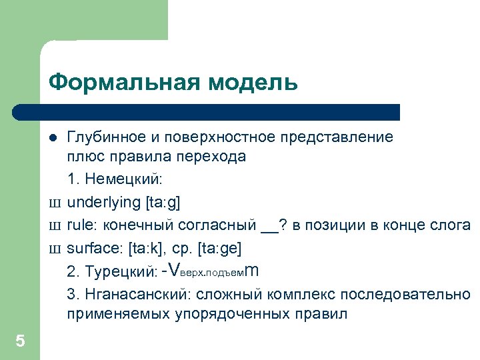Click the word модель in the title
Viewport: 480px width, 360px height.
coord(251,83)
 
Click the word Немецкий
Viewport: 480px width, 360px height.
coord(125,179)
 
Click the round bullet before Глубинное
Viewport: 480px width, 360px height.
coord(53,138)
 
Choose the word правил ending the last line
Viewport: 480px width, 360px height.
coord(326,315)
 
